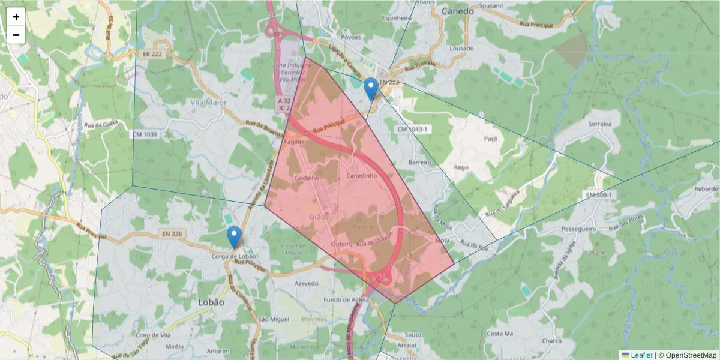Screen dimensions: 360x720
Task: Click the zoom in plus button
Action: point(16,17)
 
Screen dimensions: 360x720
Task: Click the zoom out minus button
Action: point(16,35)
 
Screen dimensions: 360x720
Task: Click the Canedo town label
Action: point(457,11)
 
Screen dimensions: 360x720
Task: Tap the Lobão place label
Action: point(211,302)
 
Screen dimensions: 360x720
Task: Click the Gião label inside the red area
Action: point(318,216)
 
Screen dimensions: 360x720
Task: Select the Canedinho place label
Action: point(362,176)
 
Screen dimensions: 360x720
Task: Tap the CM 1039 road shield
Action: point(146,134)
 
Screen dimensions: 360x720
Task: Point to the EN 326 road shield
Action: point(171,233)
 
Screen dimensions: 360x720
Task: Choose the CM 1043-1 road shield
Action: point(412,130)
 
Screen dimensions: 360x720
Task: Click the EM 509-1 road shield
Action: point(599,196)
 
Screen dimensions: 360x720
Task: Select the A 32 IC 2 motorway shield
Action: point(284,104)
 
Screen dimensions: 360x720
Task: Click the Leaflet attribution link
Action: point(641,355)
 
